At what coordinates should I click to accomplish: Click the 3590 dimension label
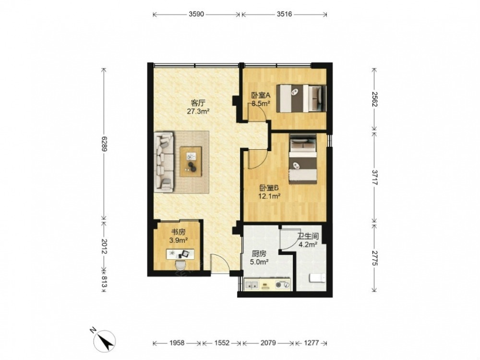(196, 14)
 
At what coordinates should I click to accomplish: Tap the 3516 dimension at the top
(284, 14)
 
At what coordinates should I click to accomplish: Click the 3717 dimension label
(374, 177)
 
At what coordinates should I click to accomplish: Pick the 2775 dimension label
(374, 258)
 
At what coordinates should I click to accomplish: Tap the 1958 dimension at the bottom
(177, 343)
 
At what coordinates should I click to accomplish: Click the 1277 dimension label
(312, 343)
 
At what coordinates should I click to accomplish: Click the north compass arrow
(105, 341)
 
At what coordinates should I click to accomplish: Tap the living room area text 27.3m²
(198, 111)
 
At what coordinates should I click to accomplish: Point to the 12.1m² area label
(270, 196)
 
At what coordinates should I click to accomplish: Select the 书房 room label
(178, 233)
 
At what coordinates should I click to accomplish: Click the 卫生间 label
(308, 236)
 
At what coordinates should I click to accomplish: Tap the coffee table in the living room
(191, 162)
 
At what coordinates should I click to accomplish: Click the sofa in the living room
(164, 162)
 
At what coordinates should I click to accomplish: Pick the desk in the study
(180, 254)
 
